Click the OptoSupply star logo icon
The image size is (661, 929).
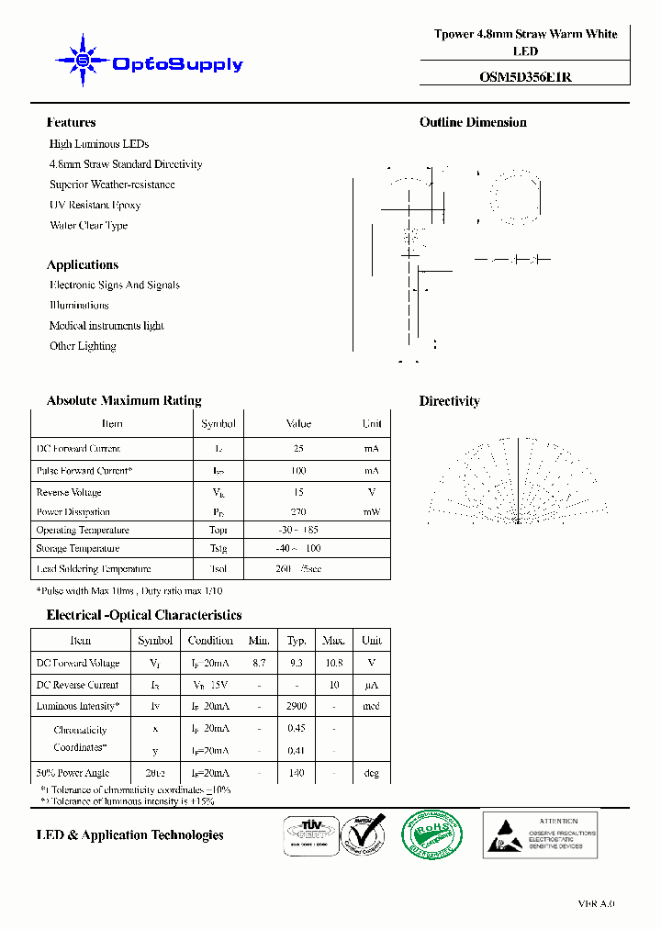coord(82,62)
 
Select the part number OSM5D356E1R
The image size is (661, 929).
coord(525,77)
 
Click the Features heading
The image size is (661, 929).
coord(71,122)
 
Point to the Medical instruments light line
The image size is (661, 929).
coord(106,326)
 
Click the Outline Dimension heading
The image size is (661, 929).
coord(473,122)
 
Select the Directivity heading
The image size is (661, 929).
coord(449,401)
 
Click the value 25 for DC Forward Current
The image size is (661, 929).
coord(298,449)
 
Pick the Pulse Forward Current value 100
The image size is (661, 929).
coord(298,471)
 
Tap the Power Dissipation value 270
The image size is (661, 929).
coord(298,512)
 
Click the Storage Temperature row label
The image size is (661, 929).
coord(77,549)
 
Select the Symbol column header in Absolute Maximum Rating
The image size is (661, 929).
coord(218,424)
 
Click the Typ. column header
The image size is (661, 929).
coord(297,641)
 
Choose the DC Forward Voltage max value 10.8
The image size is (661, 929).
coord(333,663)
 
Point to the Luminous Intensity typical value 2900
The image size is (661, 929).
coord(297,707)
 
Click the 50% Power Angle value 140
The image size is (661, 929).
coord(297,774)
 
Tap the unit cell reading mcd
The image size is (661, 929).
coord(371,707)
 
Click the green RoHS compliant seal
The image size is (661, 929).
coord(431,835)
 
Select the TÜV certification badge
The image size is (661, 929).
coord(308,835)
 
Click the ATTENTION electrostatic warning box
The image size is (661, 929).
coord(540,834)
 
